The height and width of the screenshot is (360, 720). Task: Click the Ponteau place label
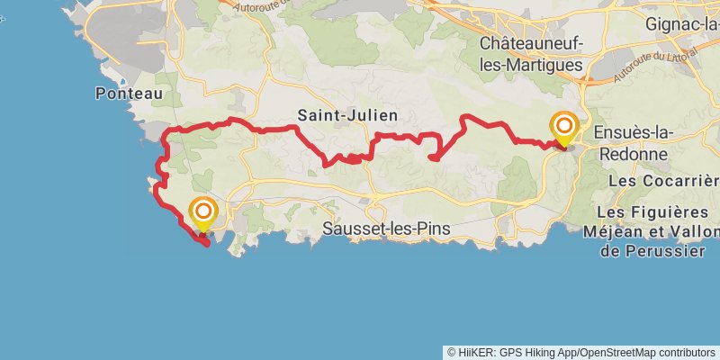pyautogui.click(x=130, y=93)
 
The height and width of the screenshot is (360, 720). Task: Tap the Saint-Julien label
pyautogui.click(x=347, y=115)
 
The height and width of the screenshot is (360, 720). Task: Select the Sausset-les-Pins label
pyautogui.click(x=386, y=229)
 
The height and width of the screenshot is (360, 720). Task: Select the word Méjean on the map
pyautogui.click(x=625, y=232)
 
